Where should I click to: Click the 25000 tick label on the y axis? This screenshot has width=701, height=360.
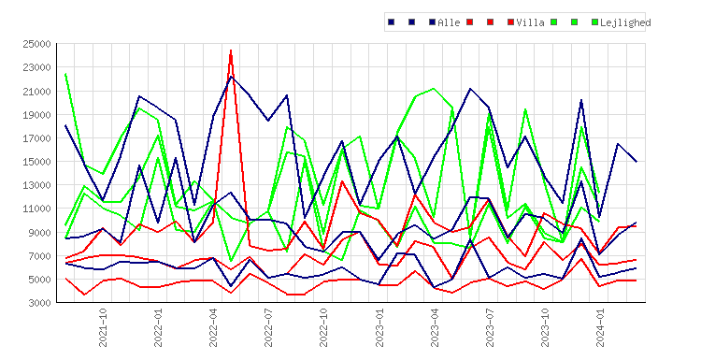click(36, 44)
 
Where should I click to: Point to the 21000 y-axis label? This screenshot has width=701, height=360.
click(36, 92)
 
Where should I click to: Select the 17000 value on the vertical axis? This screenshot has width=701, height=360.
click(36, 138)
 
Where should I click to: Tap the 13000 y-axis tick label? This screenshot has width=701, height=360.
click(36, 185)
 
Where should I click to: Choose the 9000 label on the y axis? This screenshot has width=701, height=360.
click(39, 233)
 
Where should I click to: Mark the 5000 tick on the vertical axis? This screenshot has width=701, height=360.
click(39, 280)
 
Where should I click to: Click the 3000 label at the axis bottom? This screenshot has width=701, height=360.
click(39, 303)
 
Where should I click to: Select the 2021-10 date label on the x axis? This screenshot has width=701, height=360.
click(103, 327)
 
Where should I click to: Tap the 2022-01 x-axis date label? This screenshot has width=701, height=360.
click(158, 327)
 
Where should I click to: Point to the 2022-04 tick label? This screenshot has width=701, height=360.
click(213, 327)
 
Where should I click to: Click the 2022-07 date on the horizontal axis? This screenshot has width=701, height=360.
click(268, 327)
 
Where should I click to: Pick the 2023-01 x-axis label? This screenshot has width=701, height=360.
click(379, 327)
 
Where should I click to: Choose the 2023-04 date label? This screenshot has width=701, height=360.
click(435, 327)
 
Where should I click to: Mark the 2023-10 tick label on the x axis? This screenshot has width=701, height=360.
click(545, 327)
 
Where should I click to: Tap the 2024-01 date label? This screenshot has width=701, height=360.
click(600, 327)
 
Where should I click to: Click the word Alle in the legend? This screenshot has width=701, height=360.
click(449, 22)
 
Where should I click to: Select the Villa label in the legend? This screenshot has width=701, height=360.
click(530, 22)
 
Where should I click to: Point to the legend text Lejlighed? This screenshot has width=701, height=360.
click(625, 22)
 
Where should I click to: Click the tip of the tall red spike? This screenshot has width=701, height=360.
click(231, 50)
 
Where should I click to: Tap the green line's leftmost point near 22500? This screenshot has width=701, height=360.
click(65, 74)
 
